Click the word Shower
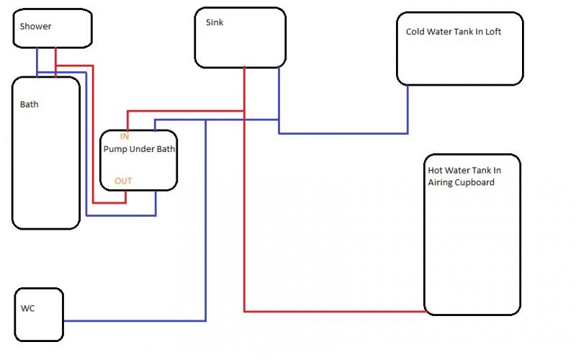pyautogui.click(x=35, y=27)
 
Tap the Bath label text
pyautogui.click(x=30, y=104)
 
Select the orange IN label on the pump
pyautogui.click(x=125, y=136)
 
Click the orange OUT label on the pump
pyautogui.click(x=123, y=181)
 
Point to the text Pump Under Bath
pyautogui.click(x=140, y=149)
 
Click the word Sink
pyautogui.click(x=215, y=22)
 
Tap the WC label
pyautogui.click(x=27, y=309)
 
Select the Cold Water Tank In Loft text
pyautogui.click(x=453, y=32)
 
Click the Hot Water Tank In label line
pyautogui.click(x=464, y=171)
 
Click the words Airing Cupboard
pyautogui.click(x=461, y=182)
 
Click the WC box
pyautogui.click(x=39, y=315)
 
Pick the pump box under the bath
pyautogui.click(x=138, y=161)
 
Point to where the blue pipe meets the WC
pyautogui.click(x=63, y=320)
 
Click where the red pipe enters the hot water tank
pyautogui.click(x=424, y=312)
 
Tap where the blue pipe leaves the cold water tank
pyautogui.click(x=408, y=86)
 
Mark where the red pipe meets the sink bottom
pyautogui.click(x=244, y=67)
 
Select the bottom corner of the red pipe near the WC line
pyautogui.click(x=245, y=312)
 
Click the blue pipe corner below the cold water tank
pyautogui.click(x=408, y=133)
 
